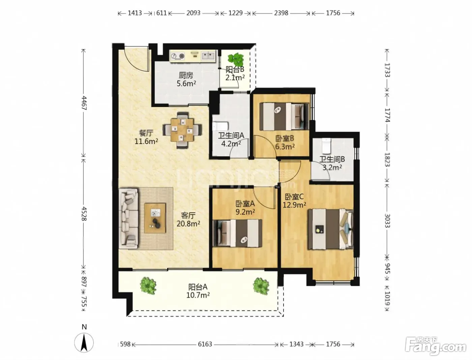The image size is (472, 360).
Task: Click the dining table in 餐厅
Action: (x=182, y=130)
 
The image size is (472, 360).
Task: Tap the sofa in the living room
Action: (x=128, y=219)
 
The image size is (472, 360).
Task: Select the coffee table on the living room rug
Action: (x=155, y=218)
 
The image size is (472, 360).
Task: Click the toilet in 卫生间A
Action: (x=220, y=126)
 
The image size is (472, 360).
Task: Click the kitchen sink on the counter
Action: (x=208, y=56)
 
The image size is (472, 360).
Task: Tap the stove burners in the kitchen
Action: (x=178, y=56)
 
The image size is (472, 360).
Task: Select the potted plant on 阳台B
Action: (x=236, y=60)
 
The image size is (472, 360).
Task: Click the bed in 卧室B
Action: (x=284, y=116)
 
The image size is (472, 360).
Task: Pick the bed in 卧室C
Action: (x=331, y=229)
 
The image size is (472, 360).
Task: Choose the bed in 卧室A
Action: (x=237, y=233)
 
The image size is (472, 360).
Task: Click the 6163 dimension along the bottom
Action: (x=205, y=344)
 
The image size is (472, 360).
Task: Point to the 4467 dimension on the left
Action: (x=84, y=103)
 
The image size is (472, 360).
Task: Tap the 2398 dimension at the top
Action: (x=281, y=13)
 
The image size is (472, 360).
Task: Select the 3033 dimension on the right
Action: (x=387, y=221)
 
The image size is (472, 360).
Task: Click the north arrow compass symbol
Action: (x=84, y=343)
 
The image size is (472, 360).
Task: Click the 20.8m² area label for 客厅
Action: (x=188, y=224)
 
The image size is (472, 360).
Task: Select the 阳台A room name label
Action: (x=198, y=287)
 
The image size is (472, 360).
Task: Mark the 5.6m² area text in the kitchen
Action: (x=186, y=83)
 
